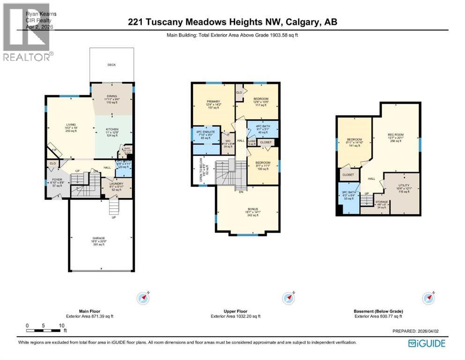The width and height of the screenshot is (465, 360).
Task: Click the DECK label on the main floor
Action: [x=111, y=65]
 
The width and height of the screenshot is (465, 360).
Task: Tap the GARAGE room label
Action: [x=99, y=238]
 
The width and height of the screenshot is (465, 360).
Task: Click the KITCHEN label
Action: [x=112, y=129]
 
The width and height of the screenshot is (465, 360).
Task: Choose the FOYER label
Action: [x=58, y=180]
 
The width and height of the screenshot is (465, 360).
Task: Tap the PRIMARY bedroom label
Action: [x=214, y=101]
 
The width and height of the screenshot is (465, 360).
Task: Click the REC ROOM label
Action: [x=396, y=135]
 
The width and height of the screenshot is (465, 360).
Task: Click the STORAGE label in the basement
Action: [x=381, y=202]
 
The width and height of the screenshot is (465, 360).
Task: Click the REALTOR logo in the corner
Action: [x=27, y=33]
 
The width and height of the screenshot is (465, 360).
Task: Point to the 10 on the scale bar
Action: [x=61, y=325]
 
